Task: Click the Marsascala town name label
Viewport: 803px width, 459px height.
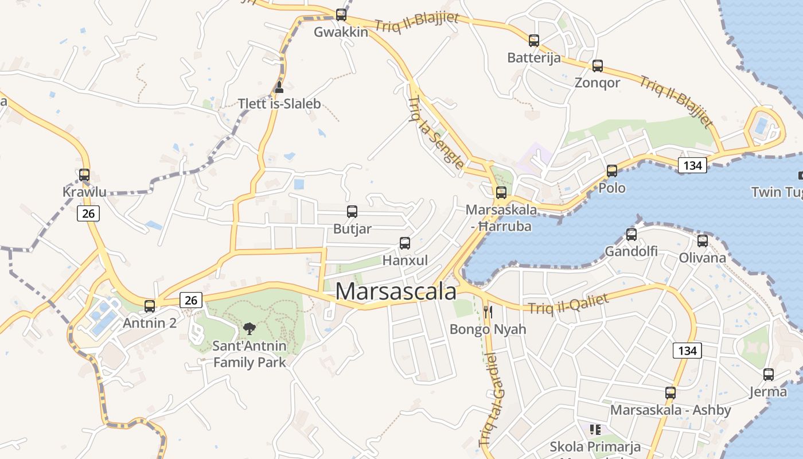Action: [x=396, y=291]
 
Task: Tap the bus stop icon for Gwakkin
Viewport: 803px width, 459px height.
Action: [x=341, y=15]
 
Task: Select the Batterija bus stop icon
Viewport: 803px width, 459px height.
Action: [x=534, y=41]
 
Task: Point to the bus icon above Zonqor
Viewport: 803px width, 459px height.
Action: [x=598, y=66]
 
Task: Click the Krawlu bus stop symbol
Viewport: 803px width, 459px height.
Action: [x=84, y=175]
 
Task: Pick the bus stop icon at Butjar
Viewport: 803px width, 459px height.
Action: [x=352, y=212]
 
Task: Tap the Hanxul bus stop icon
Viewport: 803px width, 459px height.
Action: [x=405, y=243]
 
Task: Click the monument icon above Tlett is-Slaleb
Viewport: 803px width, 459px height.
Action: [x=279, y=87]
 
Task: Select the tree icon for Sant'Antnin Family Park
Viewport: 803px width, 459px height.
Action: [x=249, y=329]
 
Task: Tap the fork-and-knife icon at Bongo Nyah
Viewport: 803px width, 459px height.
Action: [x=488, y=312]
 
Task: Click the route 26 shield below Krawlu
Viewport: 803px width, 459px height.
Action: [x=88, y=213]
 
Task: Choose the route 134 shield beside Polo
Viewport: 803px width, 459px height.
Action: [x=692, y=165]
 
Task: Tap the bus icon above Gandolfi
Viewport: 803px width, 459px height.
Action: [x=632, y=235]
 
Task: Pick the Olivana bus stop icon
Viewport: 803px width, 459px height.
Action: [x=703, y=241]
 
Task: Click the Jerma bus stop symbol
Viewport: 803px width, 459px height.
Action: [x=769, y=375]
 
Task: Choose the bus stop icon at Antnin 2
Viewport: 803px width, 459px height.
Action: [x=150, y=306]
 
